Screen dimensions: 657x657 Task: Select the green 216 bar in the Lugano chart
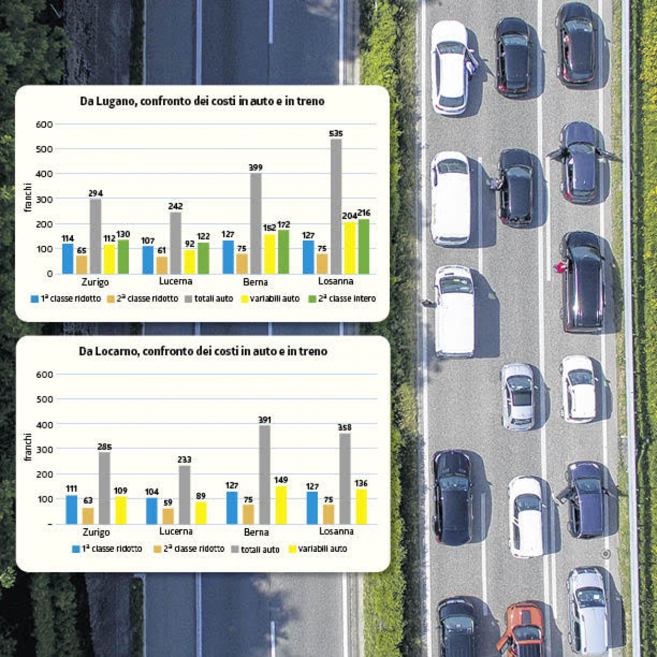363,246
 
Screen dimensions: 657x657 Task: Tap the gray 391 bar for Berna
264,474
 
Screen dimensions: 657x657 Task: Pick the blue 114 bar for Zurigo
68,259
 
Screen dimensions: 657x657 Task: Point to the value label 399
256,167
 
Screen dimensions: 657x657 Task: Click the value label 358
344,428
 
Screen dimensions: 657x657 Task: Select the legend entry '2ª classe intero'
342,299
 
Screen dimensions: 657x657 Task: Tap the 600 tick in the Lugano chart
44,124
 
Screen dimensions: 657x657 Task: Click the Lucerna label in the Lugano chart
176,281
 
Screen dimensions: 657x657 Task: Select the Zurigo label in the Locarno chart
96,532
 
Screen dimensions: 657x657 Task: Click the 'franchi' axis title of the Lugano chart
28,198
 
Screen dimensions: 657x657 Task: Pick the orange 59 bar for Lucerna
168,516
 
